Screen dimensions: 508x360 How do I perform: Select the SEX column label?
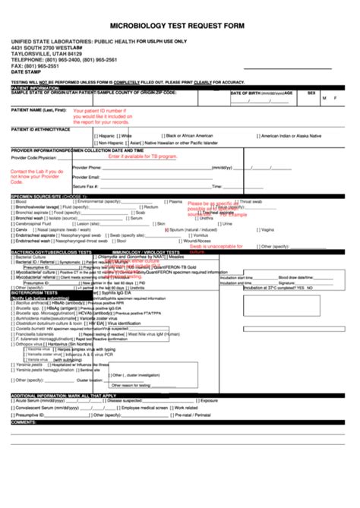(311, 93)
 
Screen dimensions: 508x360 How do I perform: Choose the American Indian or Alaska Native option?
(299, 135)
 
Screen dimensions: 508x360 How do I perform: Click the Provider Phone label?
(87, 167)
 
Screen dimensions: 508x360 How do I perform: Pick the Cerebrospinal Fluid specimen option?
(33, 224)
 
